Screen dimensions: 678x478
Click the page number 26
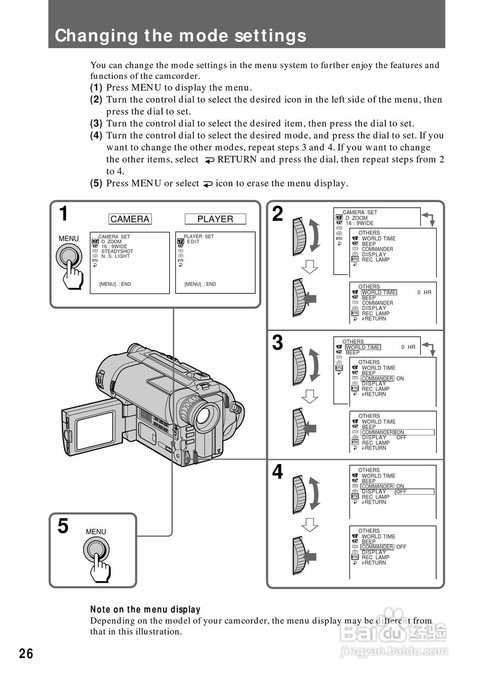(x=26, y=654)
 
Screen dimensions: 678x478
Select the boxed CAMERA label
(x=130, y=219)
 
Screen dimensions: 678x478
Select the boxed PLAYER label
(x=215, y=219)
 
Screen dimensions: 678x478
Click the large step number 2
(x=278, y=215)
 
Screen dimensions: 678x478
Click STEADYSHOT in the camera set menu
(x=118, y=252)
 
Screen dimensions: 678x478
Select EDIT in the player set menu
(x=193, y=242)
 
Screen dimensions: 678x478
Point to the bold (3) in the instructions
(x=96, y=123)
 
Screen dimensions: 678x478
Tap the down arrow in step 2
(x=310, y=267)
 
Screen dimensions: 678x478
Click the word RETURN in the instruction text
(x=237, y=159)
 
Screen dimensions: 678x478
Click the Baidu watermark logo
(x=394, y=631)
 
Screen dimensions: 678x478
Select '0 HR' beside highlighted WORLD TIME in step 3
(x=408, y=347)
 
